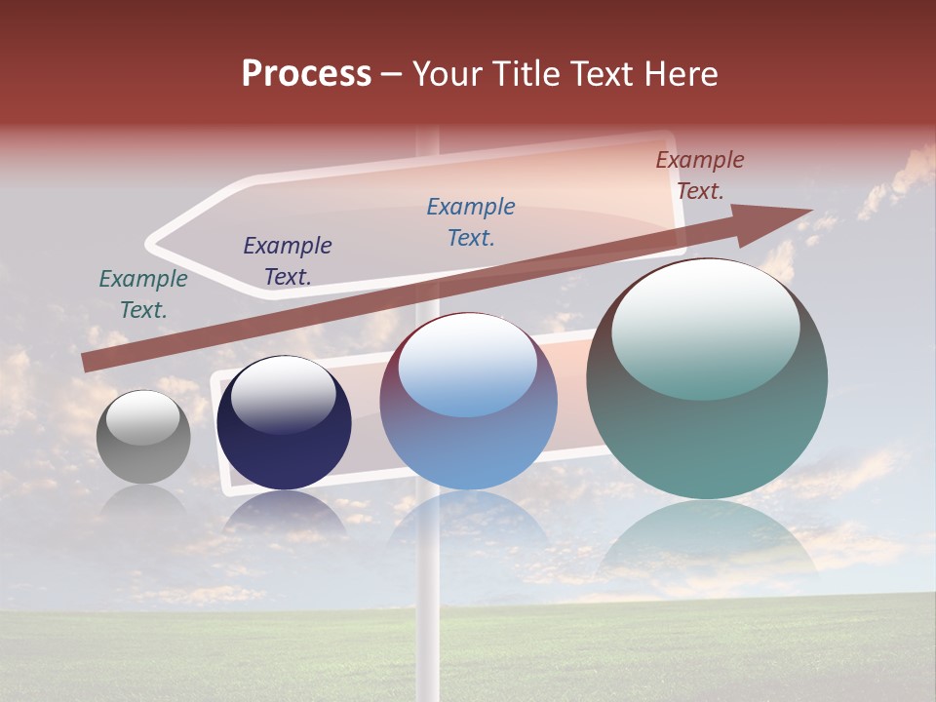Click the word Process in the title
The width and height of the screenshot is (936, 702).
(x=306, y=74)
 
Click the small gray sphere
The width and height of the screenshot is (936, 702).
(x=143, y=437)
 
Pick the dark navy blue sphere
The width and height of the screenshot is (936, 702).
(x=284, y=423)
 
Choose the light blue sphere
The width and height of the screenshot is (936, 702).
(x=468, y=402)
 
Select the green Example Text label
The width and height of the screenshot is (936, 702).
(x=143, y=294)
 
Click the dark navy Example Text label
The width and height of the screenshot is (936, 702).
(x=288, y=261)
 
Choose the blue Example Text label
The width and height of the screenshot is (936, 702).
(x=471, y=222)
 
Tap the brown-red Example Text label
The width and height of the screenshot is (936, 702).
(x=700, y=175)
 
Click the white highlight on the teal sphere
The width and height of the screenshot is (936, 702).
(x=705, y=327)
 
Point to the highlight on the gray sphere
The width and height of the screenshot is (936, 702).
(x=142, y=417)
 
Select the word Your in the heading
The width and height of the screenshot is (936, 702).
(x=448, y=74)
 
